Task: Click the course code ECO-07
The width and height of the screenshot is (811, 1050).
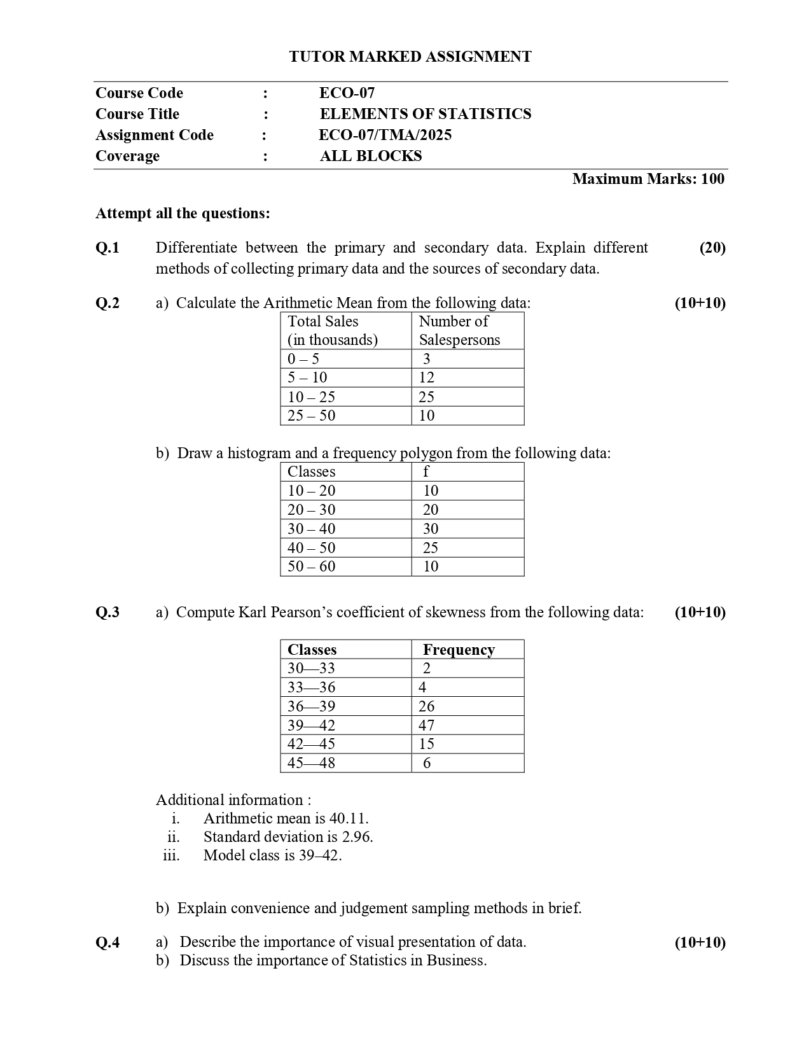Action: click(347, 93)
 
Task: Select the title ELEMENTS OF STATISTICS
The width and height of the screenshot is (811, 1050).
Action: click(425, 114)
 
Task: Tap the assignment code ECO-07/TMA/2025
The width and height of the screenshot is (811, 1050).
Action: click(385, 135)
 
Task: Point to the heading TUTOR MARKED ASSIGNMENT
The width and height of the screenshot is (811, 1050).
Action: click(410, 57)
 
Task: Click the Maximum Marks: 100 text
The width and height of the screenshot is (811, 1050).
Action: click(648, 179)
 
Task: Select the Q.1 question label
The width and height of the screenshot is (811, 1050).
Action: click(107, 248)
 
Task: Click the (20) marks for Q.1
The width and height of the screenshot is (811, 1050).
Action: click(712, 248)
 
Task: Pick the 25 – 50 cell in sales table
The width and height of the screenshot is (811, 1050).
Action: click(311, 416)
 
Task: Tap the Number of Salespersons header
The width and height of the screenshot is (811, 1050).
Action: click(459, 330)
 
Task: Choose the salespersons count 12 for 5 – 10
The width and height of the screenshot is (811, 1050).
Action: click(426, 377)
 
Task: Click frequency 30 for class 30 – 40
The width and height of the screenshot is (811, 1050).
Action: click(431, 529)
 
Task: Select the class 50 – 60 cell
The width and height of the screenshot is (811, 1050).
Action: click(311, 566)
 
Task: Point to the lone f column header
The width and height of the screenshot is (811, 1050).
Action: click(426, 472)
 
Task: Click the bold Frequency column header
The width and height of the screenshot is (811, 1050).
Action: click(459, 650)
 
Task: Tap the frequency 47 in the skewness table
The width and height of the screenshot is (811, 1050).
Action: click(426, 725)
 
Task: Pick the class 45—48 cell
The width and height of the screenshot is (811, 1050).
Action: click(311, 763)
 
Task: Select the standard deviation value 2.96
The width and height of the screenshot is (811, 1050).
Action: click(357, 837)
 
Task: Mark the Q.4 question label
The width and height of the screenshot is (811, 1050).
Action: click(107, 942)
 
